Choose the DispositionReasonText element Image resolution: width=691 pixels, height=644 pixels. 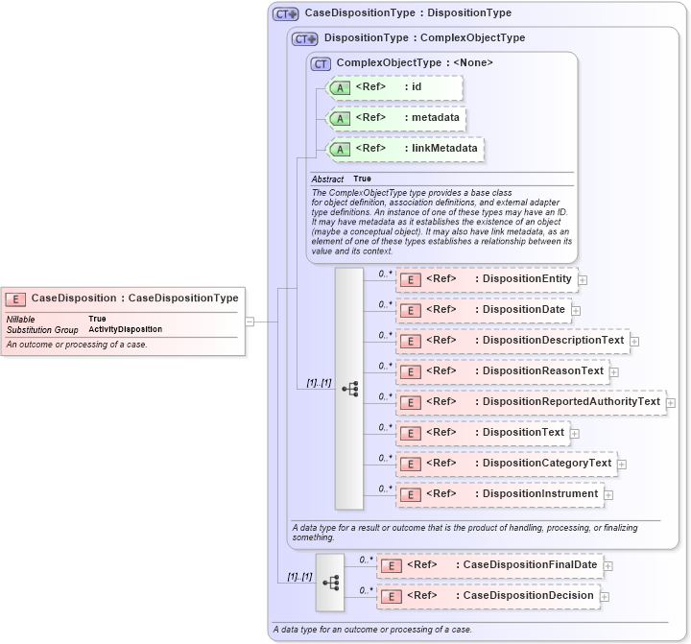[501, 371]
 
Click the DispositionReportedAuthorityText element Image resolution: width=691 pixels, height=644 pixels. [530, 402]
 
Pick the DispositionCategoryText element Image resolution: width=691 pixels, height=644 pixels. [505, 464]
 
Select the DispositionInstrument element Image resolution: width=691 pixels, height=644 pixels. [498, 494]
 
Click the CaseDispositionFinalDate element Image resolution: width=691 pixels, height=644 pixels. [488, 565]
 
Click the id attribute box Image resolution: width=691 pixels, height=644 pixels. [394, 87]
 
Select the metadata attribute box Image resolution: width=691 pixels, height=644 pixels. [396, 118]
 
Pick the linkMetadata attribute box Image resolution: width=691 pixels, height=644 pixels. [406, 149]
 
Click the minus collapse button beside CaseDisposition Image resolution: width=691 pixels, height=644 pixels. [250, 322]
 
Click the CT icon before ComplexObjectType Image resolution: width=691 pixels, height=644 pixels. [321, 63]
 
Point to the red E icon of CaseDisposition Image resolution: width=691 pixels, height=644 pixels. [16, 298]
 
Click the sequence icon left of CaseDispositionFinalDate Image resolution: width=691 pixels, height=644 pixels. [330, 582]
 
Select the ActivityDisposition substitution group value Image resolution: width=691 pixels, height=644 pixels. [125, 329]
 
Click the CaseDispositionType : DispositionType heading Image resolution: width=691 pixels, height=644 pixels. [407, 13]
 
